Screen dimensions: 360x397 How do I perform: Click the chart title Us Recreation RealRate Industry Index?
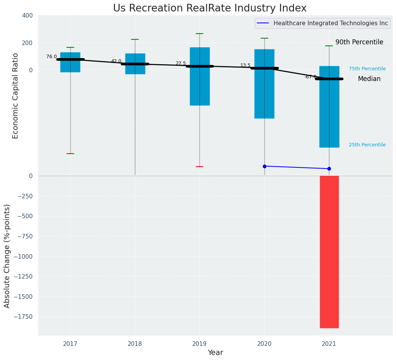point(210,8)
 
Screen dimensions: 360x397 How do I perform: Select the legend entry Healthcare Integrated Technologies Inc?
point(331,23)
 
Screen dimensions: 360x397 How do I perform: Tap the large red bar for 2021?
point(329,252)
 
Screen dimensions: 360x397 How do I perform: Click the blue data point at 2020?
point(264,166)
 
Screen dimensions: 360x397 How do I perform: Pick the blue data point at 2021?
point(329,169)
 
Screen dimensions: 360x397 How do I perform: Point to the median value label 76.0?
point(52,57)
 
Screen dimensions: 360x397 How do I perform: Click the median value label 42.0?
point(116,61)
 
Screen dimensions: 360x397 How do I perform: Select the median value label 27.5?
point(181,63)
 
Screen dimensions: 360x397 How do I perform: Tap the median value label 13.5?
point(245,65)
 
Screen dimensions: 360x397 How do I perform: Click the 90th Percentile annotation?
point(359,42)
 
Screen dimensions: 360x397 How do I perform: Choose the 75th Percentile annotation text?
point(367,69)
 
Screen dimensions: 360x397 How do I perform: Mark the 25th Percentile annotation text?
point(367,145)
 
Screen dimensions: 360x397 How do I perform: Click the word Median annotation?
point(369,79)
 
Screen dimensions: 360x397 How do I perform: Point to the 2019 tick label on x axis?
point(199,344)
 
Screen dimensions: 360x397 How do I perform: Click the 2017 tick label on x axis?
point(70,344)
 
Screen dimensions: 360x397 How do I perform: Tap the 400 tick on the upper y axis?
point(28,15)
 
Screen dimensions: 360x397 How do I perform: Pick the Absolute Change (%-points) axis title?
point(7,256)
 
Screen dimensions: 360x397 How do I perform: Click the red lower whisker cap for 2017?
point(70,154)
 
